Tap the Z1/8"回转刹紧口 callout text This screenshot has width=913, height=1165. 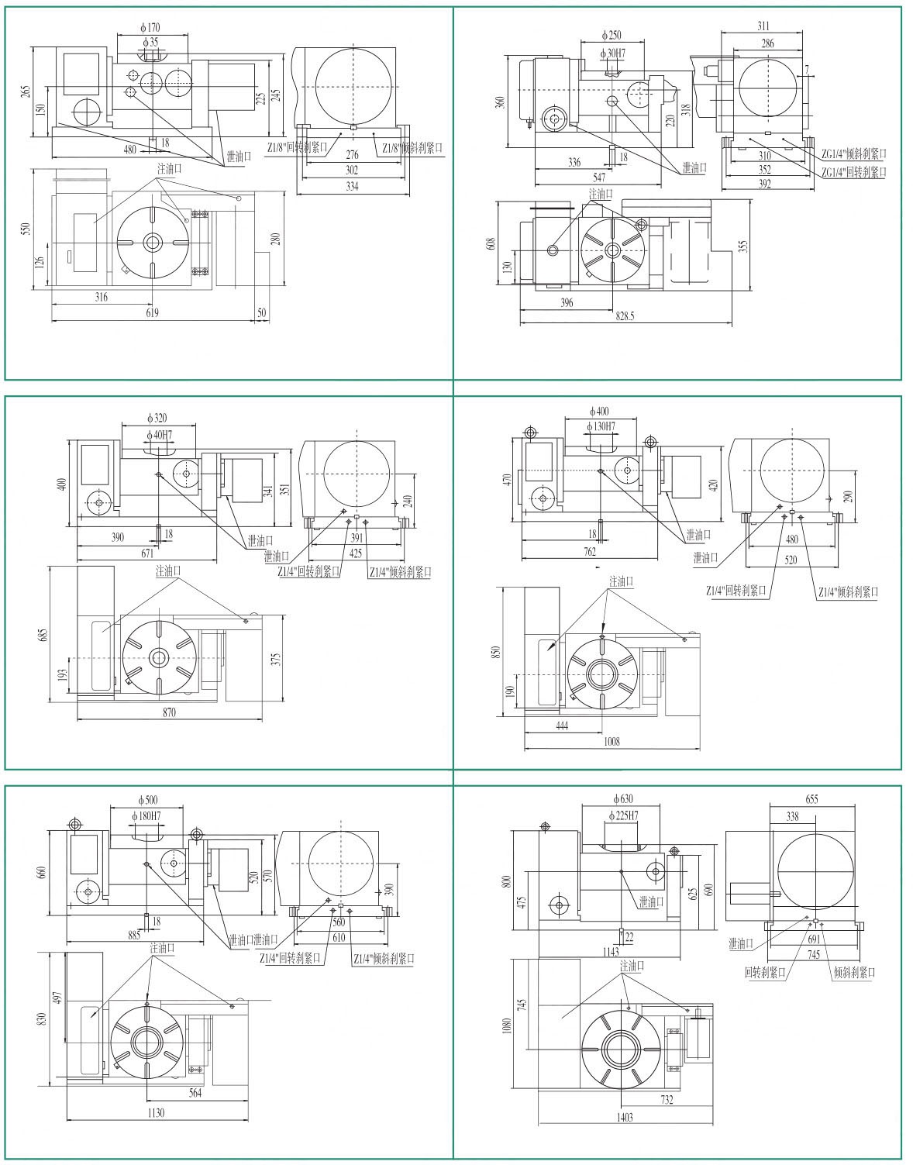(x=298, y=146)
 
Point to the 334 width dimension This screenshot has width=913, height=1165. (x=352, y=187)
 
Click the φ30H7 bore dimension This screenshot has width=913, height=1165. (x=613, y=53)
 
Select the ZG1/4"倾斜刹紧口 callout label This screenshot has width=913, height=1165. (x=853, y=154)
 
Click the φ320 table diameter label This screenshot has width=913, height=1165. (x=157, y=418)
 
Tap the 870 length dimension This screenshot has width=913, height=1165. (x=170, y=712)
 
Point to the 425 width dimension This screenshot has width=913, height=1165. (x=355, y=553)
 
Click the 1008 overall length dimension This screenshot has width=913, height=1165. (x=611, y=742)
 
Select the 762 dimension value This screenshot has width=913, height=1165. (x=590, y=552)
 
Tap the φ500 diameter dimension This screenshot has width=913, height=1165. (x=148, y=799)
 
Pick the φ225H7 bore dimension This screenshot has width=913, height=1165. (x=623, y=815)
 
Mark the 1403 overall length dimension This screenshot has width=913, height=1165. (x=625, y=1117)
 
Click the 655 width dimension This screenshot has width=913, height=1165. (x=811, y=799)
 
